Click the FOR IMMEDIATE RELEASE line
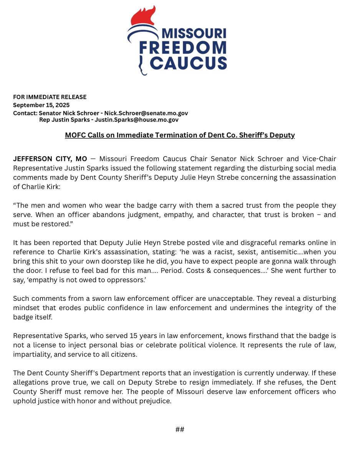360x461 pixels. (50, 97)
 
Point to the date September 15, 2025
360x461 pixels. (41, 105)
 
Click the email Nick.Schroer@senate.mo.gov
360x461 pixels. (145, 113)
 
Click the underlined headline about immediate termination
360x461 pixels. (180, 136)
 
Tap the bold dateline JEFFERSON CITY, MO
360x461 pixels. (50, 159)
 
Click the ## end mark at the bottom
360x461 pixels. (180, 429)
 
